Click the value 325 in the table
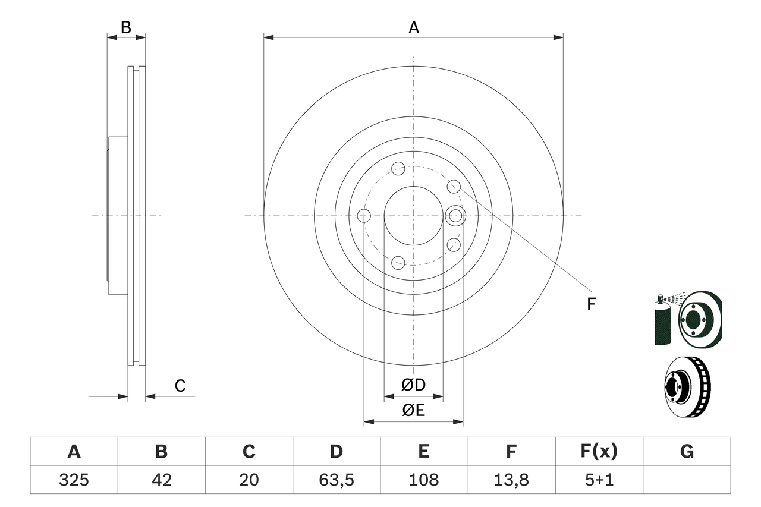point(74,480)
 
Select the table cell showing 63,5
point(337,480)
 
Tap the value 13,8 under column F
point(511,480)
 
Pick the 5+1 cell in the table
point(599,480)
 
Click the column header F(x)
point(599,452)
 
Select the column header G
point(687,452)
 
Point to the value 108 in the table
point(424,480)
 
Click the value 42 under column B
point(161,480)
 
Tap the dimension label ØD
point(413,385)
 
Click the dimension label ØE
point(413,411)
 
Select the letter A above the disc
point(413,27)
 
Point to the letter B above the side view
point(125,27)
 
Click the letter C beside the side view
point(180,386)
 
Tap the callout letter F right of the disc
point(591,304)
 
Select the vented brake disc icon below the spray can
point(687,386)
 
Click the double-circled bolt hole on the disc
point(455,215)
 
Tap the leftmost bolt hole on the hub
point(364,216)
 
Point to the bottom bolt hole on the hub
point(399,262)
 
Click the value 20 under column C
point(249,480)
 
